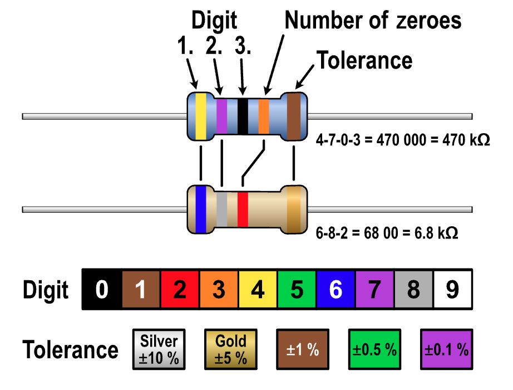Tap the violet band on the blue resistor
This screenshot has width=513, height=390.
click(221, 116)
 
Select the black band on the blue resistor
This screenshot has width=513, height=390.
click(243, 116)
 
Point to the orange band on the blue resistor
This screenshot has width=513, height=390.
click(264, 116)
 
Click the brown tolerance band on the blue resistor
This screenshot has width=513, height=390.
click(293, 116)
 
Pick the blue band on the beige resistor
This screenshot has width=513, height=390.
click(201, 209)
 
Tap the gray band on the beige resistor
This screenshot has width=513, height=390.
click(221, 209)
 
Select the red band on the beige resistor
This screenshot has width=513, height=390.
click(243, 209)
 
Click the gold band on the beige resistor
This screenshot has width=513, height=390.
click(293, 209)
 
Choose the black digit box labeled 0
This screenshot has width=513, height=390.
click(102, 290)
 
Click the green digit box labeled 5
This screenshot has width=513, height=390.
click(297, 290)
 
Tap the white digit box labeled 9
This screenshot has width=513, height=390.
click(452, 290)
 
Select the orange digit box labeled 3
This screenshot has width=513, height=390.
click(219, 290)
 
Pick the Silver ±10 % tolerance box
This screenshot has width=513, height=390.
click(159, 349)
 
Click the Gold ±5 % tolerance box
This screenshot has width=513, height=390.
click(231, 349)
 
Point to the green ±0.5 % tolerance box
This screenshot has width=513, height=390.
click(375, 349)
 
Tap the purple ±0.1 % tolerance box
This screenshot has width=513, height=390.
click(447, 349)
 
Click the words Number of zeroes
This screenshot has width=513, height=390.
click(373, 21)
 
